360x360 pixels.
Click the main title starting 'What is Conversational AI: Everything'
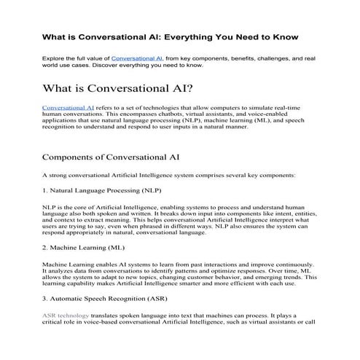point(179,34)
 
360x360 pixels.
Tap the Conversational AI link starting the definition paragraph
point(69,108)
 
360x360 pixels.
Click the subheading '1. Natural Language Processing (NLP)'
point(101,191)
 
